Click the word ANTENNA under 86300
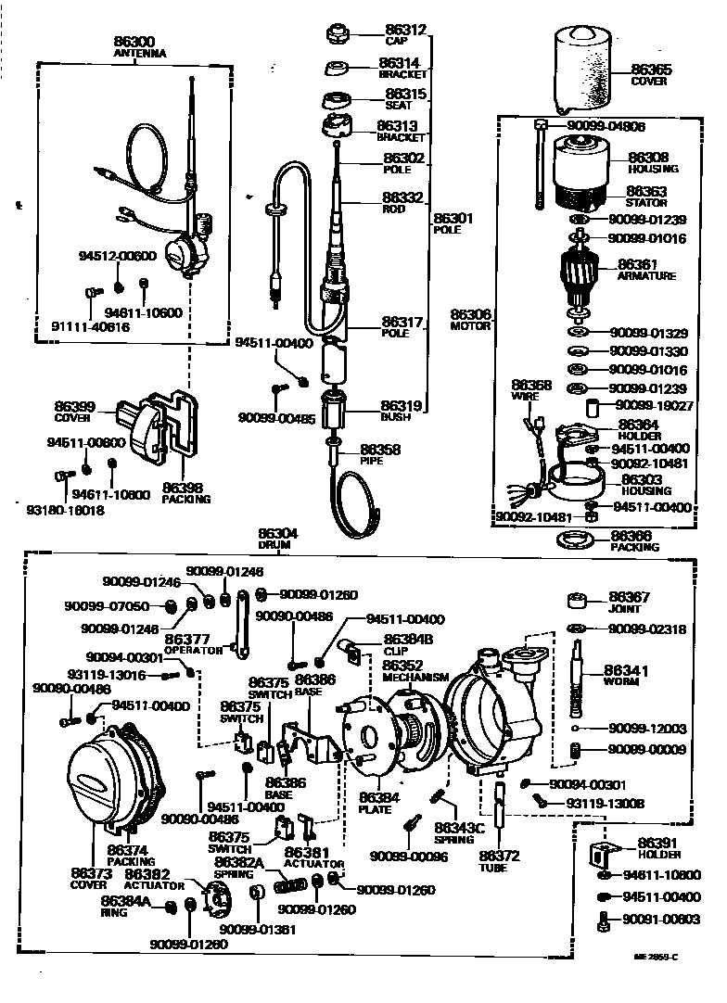(x=139, y=54)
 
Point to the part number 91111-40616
(x=91, y=326)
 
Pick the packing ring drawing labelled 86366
(x=574, y=540)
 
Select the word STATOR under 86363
(x=646, y=202)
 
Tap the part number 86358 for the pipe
(x=379, y=448)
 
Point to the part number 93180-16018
(x=64, y=509)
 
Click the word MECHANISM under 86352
(x=415, y=677)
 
